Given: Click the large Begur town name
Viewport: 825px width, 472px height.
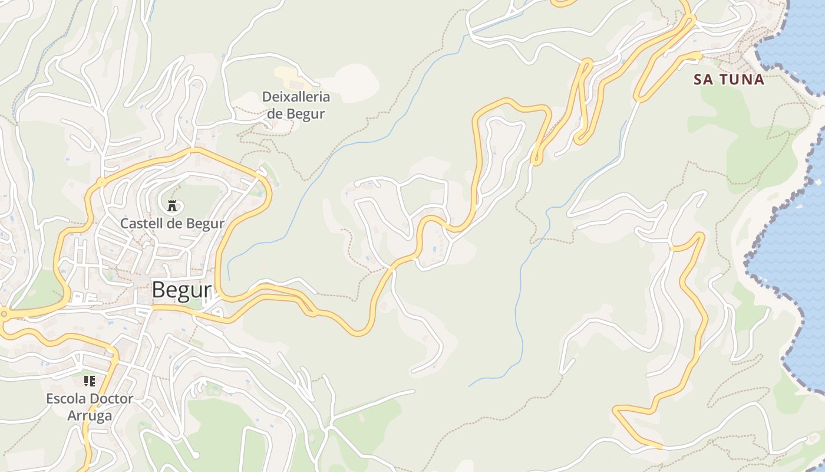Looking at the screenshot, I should coord(181,290).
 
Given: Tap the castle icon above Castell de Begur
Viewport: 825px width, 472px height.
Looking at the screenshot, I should coord(172,206).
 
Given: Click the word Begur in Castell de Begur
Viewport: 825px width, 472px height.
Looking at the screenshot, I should coord(205,224).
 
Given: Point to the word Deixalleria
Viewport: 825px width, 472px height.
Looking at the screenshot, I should coord(296,97).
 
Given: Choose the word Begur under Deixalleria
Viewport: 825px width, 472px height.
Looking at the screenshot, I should coord(306,113).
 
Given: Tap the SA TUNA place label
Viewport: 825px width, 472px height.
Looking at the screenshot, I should coord(729,80).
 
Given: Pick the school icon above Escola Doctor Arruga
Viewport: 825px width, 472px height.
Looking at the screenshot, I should coord(90,381).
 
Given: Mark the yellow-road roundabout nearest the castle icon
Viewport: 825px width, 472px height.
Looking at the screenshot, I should coord(101,182).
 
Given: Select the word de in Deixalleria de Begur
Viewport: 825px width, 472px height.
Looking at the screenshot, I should coord(275,113).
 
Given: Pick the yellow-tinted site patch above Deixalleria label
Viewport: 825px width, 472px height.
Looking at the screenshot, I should coord(287,75).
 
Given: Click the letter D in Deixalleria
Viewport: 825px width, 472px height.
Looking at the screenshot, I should coord(266,97).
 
